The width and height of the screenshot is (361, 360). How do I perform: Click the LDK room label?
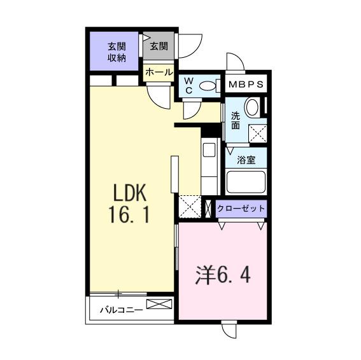coord(131,193)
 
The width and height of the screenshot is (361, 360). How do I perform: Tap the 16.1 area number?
coord(130,215)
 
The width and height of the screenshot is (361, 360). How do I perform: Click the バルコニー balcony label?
coord(120,311)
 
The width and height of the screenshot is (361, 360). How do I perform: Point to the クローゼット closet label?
coord(241,209)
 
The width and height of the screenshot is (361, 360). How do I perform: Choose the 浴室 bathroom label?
coord(246,160)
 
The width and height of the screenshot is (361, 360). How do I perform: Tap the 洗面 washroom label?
coord(236,121)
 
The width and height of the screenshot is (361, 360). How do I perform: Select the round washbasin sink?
coord(252,107)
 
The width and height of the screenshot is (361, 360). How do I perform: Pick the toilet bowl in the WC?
coord(208,86)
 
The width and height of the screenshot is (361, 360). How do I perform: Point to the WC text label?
coord(189,86)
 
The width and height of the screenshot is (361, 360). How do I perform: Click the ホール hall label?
coord(159,72)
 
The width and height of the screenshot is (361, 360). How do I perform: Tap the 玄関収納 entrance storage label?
coord(116,52)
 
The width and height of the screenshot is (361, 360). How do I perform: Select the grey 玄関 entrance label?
coord(159,46)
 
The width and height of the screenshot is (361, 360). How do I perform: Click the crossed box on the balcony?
coord(159,304)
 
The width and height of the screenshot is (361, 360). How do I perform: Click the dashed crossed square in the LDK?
coord(190,206)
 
